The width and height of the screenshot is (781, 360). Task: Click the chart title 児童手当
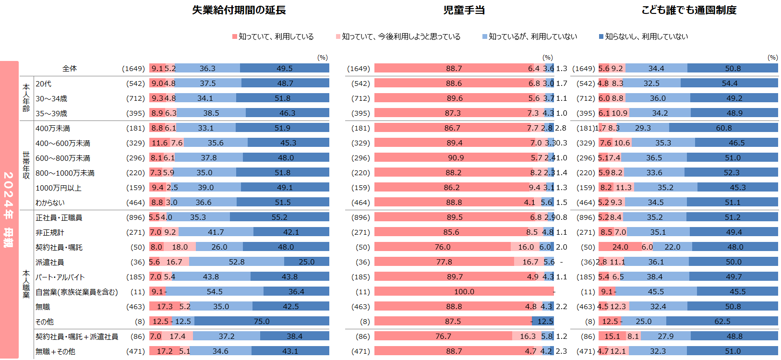pyautogui.click(x=464, y=10)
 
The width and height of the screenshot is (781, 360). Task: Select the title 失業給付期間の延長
pyautogui.click(x=239, y=10)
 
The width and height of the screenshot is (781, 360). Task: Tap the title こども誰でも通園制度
pyautogui.click(x=689, y=10)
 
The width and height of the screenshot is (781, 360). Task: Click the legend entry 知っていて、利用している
pyautogui.click(x=276, y=36)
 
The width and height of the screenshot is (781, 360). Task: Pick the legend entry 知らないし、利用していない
pyautogui.click(x=646, y=36)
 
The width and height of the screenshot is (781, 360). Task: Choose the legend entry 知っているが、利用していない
pyautogui.click(x=532, y=36)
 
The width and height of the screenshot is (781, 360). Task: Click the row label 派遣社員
pyautogui.click(x=50, y=262)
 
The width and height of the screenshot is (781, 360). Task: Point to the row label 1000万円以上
pyautogui.click(x=59, y=188)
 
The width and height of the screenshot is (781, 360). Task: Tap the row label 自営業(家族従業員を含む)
pyautogui.click(x=77, y=292)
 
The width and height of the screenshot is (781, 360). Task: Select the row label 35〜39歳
pyautogui.click(x=51, y=113)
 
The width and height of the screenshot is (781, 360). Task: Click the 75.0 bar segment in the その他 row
pyautogui.click(x=262, y=321)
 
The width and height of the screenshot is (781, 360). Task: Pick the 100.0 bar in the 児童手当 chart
pyautogui.click(x=464, y=291)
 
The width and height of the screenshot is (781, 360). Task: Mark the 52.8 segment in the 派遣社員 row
pyautogui.click(x=237, y=262)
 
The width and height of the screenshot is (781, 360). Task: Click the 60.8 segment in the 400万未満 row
pyautogui.click(x=723, y=128)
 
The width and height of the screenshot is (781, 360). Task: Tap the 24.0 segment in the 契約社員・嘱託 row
pyautogui.click(x=620, y=247)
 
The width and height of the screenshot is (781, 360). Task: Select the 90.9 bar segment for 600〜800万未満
pyautogui.click(x=456, y=157)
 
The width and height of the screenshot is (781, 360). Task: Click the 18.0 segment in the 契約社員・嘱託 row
pyautogui.click(x=180, y=247)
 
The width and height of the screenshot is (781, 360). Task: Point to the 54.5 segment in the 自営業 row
pyautogui.click(x=215, y=291)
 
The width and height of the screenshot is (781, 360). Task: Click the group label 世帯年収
pyautogui.click(x=26, y=165)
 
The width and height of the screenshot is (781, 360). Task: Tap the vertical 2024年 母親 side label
pyautogui.click(x=9, y=209)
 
